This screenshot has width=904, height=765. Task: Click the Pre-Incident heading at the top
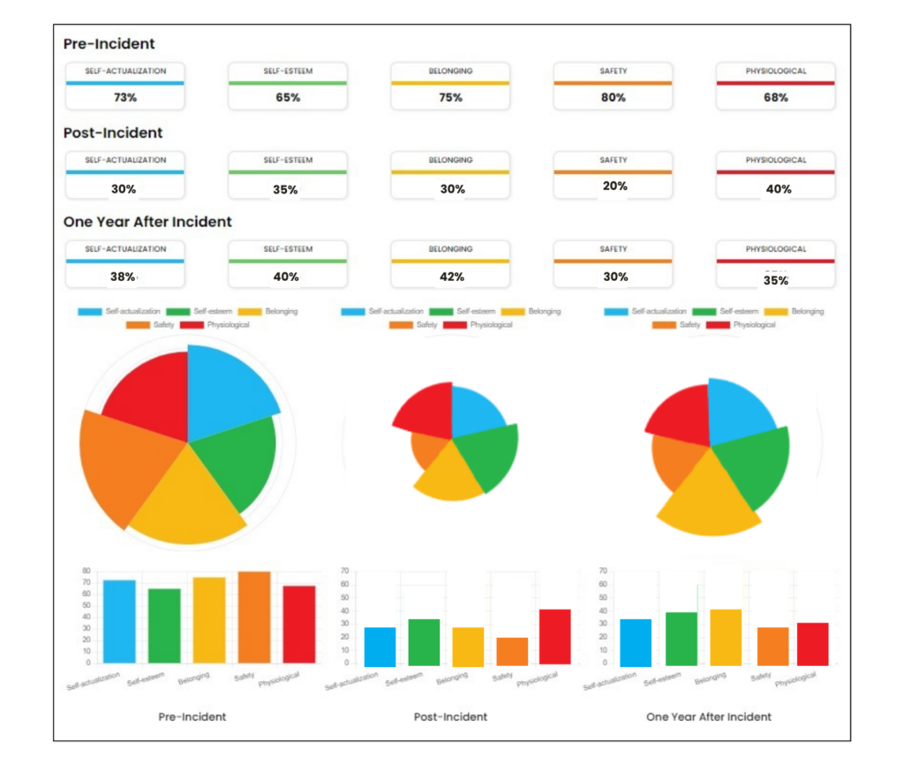coord(109,43)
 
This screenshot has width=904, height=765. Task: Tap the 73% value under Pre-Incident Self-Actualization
coord(125,97)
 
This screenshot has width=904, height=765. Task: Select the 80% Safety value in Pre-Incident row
coord(613,97)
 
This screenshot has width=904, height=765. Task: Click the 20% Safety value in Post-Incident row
coord(614,186)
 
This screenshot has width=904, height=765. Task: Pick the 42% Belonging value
coord(451,276)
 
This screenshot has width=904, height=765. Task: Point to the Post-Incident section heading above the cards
coord(113,133)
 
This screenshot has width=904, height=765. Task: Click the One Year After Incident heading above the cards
coord(147,222)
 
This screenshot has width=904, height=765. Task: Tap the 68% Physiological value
coord(775,97)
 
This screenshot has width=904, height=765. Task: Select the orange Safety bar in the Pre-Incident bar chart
coord(253,617)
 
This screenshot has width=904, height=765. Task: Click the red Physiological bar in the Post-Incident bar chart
coord(555,636)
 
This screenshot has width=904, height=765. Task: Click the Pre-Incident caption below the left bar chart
coord(192,716)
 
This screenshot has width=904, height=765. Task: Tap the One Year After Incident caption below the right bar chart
coord(708,716)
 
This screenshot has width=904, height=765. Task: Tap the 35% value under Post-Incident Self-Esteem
coord(288,189)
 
